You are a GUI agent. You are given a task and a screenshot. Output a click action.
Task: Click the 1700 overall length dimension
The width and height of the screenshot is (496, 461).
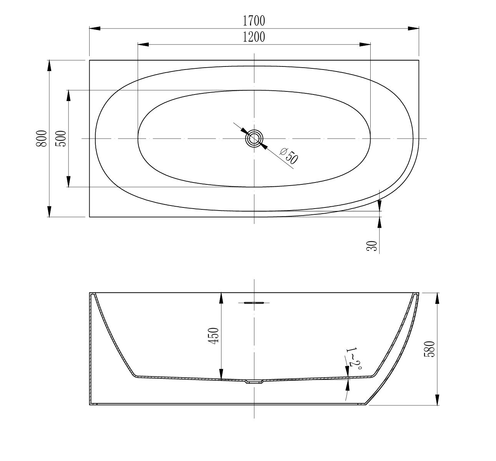pos(254,20)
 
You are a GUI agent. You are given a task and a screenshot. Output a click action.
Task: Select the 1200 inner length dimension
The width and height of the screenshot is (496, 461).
pos(254,37)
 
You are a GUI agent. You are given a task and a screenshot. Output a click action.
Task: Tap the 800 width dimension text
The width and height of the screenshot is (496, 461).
pos(42,138)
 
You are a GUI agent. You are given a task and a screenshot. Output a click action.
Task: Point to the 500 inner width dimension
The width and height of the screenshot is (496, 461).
pos(61,138)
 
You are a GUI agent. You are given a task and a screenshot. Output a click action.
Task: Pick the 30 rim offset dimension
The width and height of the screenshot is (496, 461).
pos(372,246)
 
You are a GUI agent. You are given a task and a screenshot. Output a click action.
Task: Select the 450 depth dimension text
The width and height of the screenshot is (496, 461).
pos(214,335)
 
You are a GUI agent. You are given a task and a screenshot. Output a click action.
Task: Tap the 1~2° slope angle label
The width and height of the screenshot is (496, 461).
pos(354,358)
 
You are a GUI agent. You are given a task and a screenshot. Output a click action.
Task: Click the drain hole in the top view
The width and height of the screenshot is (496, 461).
pos(254,138)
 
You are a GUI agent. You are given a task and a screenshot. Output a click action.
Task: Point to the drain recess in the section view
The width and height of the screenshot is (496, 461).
pos(254,382)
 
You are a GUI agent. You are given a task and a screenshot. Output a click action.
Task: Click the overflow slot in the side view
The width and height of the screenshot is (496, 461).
pos(254,303)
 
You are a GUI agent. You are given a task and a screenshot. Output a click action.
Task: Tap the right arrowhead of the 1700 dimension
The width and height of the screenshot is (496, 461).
pos(413,28)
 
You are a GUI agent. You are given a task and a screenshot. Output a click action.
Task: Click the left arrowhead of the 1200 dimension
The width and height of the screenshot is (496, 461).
pos(143,44)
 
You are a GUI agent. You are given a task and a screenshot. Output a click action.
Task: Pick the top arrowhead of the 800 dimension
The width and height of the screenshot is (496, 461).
pos(49,66)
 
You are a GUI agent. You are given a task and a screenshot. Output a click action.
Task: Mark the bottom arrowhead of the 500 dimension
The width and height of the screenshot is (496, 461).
pos(68,182)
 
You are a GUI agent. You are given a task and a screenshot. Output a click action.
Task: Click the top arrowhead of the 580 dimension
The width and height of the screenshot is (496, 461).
pos(437,298)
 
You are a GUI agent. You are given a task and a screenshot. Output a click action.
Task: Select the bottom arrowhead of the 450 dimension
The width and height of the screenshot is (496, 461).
pos(221,374)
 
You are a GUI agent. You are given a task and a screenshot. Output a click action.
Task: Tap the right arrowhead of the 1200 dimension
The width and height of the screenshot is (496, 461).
pos(365,44)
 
